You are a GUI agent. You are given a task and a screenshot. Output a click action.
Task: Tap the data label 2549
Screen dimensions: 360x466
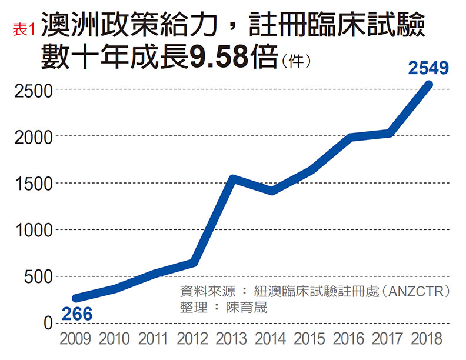coord(428,68)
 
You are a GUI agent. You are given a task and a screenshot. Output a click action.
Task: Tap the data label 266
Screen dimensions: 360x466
coord(77,314)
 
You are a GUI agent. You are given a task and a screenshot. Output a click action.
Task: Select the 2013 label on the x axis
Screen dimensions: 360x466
coord(233,339)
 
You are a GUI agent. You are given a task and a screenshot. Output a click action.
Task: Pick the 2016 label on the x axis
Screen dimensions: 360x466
coord(350,339)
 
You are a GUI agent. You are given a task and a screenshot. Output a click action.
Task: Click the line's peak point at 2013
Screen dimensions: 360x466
coord(233,179)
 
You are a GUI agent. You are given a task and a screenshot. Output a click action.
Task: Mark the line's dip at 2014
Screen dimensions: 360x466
coord(272,191)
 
